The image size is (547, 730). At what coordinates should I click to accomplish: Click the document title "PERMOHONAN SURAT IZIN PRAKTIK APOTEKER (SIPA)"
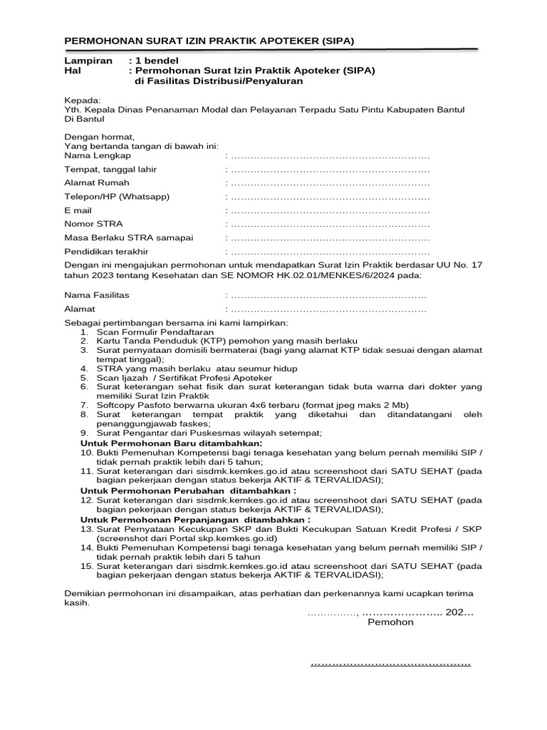[209, 41]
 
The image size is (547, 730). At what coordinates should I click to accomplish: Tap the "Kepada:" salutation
[83, 100]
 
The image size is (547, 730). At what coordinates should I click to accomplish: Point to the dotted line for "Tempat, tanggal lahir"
[329, 170]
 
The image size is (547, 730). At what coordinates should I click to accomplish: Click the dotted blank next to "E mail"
[329, 211]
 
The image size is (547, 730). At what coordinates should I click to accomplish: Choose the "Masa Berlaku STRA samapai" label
[128, 238]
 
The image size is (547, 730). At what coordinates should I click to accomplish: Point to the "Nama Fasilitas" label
[97, 295]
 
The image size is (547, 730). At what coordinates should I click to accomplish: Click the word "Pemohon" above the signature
[390, 622]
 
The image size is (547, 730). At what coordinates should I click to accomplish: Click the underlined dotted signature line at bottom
[390, 664]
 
